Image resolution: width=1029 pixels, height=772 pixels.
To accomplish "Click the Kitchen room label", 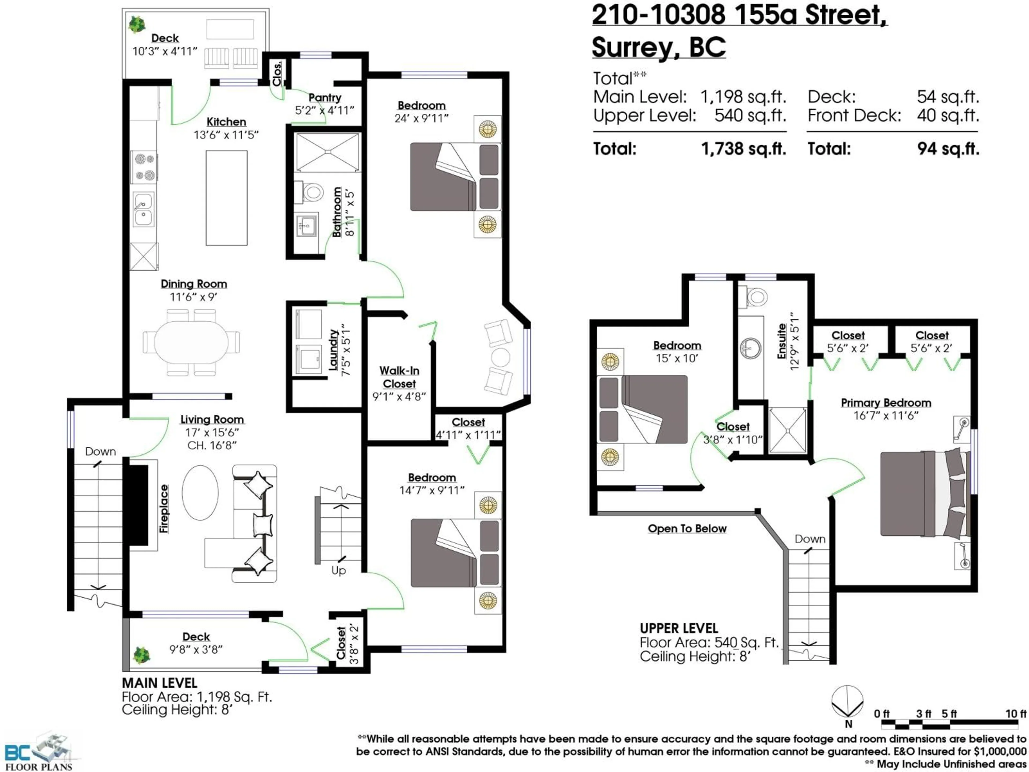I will coord(226,122).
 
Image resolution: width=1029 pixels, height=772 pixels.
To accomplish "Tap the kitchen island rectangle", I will coord(226,198).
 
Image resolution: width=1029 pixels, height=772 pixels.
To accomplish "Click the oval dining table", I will coord(191,343).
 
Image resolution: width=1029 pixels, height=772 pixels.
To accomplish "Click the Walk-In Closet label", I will coord(399,377).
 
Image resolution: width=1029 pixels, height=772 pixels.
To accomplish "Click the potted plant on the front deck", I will coord(141,655).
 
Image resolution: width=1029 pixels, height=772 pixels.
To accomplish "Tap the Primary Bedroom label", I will coord(886,403).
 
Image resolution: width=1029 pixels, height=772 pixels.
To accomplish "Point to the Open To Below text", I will coord(687,529).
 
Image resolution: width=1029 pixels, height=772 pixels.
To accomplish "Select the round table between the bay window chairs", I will coord(500,357).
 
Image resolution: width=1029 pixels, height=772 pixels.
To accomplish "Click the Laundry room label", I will coord(333,350).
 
